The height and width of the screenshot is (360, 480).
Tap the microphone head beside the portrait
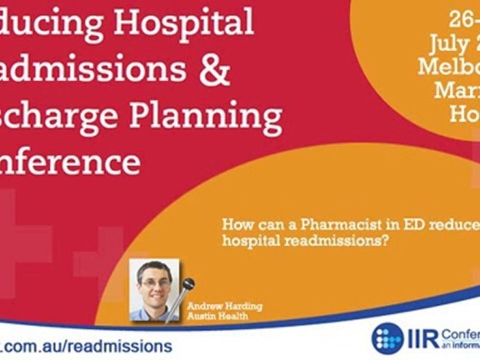188,284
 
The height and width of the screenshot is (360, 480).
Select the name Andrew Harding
225,306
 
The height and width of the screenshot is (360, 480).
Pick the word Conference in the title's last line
70,162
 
